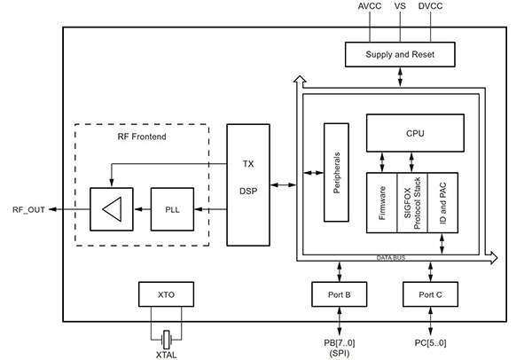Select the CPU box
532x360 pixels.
(415, 134)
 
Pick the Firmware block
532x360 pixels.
(381, 204)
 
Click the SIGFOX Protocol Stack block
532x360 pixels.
(412, 204)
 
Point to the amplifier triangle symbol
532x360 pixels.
(110, 209)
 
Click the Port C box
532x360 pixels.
(430, 293)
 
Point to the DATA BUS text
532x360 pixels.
(391, 257)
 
